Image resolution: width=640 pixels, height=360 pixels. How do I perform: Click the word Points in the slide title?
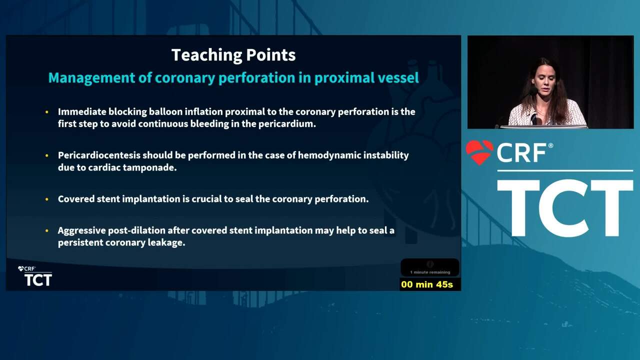point(270,55)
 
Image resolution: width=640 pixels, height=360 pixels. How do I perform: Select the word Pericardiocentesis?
point(99,155)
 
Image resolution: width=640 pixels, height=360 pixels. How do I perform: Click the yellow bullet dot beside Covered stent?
point(47,199)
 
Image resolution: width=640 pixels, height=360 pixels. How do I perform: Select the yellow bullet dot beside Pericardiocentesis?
point(47,155)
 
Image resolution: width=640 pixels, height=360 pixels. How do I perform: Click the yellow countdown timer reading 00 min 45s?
point(427,284)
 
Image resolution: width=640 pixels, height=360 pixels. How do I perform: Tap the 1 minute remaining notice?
point(430,272)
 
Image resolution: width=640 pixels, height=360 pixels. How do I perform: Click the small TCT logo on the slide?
point(38,280)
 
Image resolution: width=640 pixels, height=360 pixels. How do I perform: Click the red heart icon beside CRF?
point(479,152)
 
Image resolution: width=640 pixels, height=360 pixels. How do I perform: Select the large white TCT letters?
point(565,208)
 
